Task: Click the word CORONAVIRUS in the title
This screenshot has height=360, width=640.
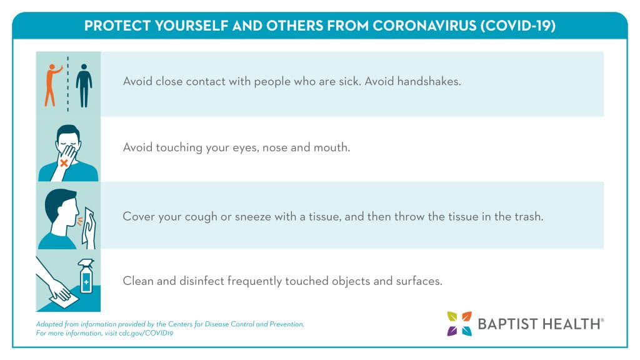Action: tap(424, 26)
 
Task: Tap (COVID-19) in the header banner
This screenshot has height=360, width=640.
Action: tap(518, 26)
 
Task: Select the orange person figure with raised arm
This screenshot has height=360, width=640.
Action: tap(52, 85)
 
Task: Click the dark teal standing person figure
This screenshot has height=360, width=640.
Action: tap(84, 86)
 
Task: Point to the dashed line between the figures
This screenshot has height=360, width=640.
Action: tap(67, 84)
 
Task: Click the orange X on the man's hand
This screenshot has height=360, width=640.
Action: tap(64, 163)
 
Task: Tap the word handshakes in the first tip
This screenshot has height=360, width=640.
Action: tap(429, 81)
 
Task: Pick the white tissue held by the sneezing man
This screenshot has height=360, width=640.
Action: tap(89, 229)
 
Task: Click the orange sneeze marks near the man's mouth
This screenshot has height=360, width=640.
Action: tap(79, 221)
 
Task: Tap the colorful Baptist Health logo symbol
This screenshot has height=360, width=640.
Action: tap(459, 324)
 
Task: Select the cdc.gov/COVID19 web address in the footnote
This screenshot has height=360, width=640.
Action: tap(146, 333)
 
